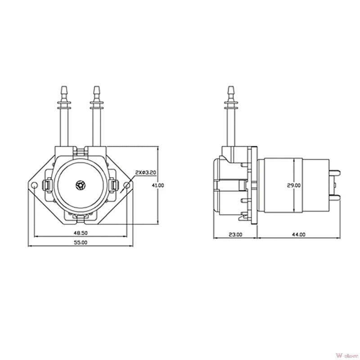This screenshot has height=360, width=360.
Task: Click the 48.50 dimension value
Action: (81, 233)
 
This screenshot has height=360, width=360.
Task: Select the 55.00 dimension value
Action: (81, 243)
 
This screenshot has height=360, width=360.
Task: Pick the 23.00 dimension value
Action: (235, 234)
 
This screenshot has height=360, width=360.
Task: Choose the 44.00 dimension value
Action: (298, 234)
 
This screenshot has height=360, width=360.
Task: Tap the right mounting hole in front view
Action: (127, 185)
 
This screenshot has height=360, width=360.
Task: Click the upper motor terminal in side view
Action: (336, 173)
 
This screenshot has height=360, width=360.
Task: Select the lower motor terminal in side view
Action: (336, 197)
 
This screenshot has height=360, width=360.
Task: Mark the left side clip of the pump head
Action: (46, 185)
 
